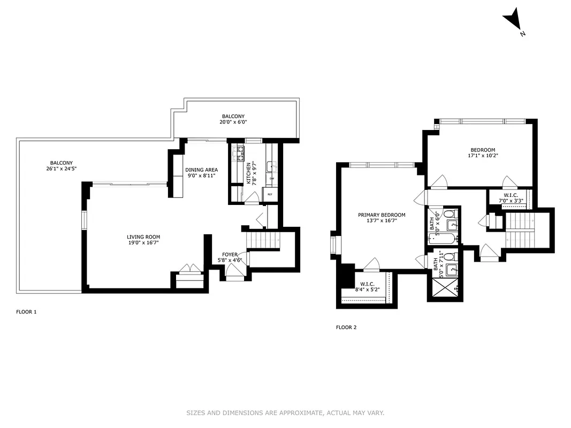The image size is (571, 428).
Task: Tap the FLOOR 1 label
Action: pyautogui.click(x=26, y=311)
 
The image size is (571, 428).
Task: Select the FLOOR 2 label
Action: pyautogui.click(x=346, y=327)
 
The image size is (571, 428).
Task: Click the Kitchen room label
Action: pyautogui.click(x=249, y=173)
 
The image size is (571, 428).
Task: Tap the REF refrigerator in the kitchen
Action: pyautogui.click(x=270, y=194)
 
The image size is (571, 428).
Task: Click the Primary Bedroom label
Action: pyautogui.click(x=382, y=218)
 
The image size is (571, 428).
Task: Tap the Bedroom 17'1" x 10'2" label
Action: pyautogui.click(x=482, y=153)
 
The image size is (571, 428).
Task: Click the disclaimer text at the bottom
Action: pyautogui.click(x=285, y=412)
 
